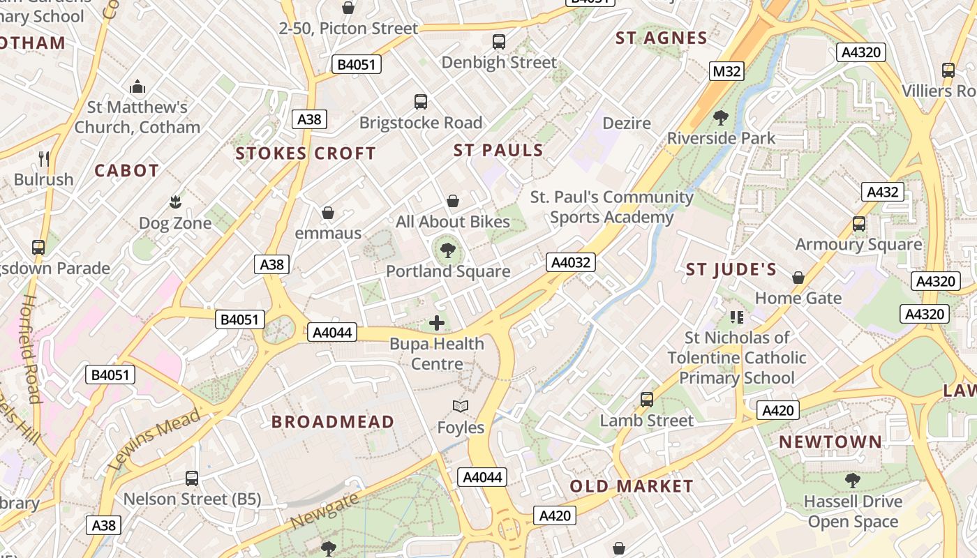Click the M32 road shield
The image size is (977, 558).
tap(727, 71)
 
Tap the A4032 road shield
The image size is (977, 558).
tap(571, 262)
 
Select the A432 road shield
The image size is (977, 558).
tap(882, 192)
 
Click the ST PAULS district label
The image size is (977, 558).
tap(498, 151)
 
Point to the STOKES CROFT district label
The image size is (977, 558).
tap(306, 153)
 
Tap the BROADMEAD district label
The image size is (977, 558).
tap(333, 422)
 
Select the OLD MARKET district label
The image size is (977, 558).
tap(632, 486)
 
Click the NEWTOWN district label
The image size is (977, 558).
tap(830, 442)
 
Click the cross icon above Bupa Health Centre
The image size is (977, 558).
tap(437, 323)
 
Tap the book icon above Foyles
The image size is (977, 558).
tap(460, 406)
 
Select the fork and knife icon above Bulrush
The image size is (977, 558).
tap(44, 158)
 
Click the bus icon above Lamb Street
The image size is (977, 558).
tap(647, 400)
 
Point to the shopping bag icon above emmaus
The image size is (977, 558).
tap(328, 212)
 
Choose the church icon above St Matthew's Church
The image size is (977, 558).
tap(137, 86)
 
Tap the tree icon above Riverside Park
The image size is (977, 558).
tap(721, 117)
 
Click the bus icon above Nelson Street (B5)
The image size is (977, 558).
tap(192, 478)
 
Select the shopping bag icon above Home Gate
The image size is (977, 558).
tap(798, 278)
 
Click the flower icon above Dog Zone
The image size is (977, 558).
tap(174, 202)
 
